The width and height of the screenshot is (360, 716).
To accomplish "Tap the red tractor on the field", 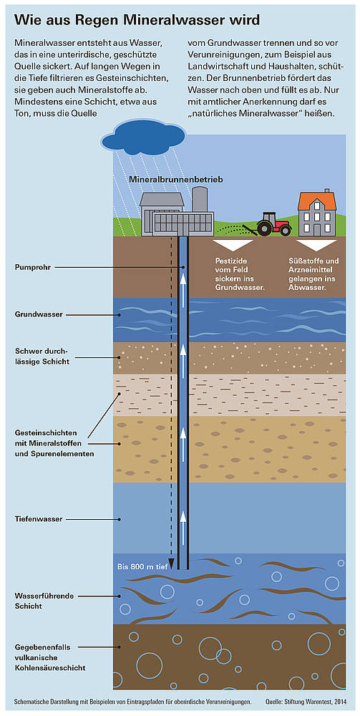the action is tap(274, 223).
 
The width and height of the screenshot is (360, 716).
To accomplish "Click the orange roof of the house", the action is tap(316, 200).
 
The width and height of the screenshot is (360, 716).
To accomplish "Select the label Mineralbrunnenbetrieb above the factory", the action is tap(175, 180).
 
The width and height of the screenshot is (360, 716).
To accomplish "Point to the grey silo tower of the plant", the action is tap(200, 200).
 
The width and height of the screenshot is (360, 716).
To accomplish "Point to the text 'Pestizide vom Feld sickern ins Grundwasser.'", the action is tap(240, 275).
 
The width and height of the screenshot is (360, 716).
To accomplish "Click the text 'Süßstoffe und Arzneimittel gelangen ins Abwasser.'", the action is tap(314, 275).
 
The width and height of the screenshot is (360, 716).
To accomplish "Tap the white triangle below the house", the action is tap(316, 245).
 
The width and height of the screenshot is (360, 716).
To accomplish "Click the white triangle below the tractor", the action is tap(233, 245).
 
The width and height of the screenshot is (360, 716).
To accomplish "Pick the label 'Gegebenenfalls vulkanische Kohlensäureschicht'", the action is tap(50, 657).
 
